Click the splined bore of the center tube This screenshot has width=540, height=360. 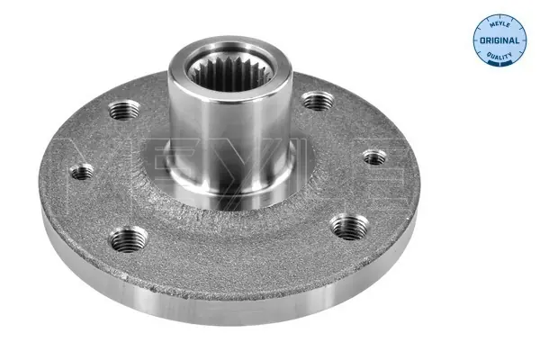(231, 73)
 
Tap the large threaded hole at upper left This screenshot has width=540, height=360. (124, 110)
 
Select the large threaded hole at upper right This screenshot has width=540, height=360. (318, 101)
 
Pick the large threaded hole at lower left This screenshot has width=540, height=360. (128, 239)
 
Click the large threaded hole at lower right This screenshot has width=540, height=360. (349, 226)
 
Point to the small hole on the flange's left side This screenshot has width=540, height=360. (82, 172)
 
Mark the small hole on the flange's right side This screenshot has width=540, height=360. (374, 157)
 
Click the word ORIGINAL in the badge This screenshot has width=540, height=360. (499, 40)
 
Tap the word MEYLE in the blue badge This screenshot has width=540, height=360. (499, 24)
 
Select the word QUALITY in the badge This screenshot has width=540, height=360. (499, 56)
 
